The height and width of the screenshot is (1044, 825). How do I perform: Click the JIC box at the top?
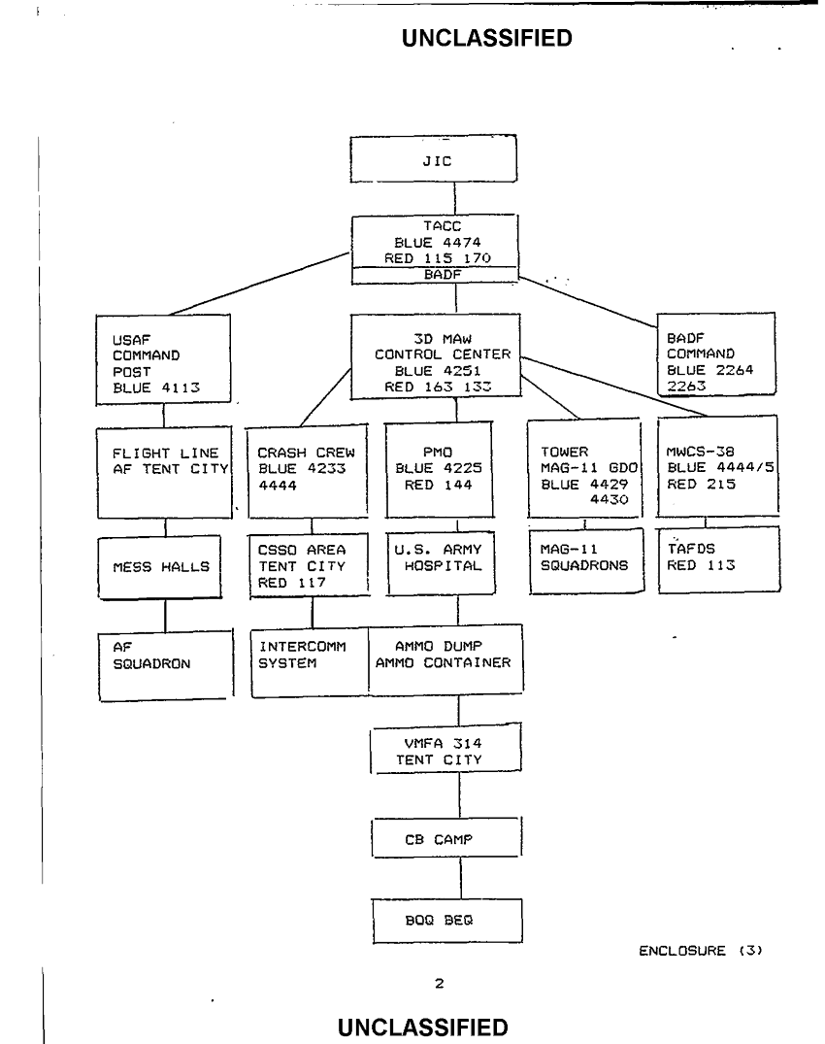point(433,160)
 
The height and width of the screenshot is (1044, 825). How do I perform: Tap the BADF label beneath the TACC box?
point(436,275)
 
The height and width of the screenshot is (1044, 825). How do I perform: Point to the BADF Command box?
point(715,354)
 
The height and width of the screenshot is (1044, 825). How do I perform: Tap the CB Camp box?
point(446,839)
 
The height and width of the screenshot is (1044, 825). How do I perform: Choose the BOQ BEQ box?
point(446,920)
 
